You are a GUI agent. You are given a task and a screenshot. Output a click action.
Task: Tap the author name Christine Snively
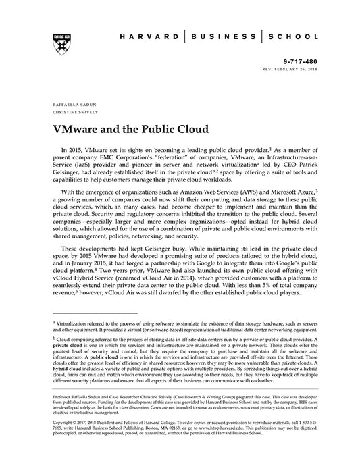pyautogui.click(x=71, y=114)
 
